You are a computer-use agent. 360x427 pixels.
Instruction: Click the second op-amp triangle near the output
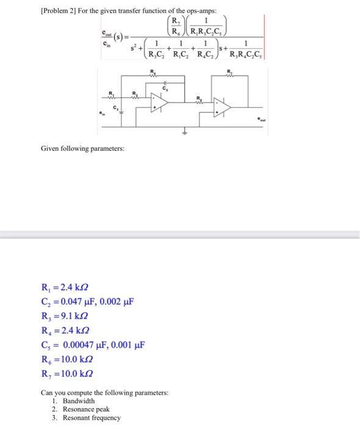pyautogui.click(x=222, y=108)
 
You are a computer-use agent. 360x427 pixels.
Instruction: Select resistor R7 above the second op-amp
pyautogui.click(x=229, y=76)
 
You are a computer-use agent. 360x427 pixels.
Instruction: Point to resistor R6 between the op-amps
pyautogui.click(x=198, y=101)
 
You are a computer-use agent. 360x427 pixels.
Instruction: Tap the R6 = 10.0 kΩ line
pyautogui.click(x=67, y=360)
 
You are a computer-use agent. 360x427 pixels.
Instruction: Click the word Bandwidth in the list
pyautogui.click(x=79, y=401)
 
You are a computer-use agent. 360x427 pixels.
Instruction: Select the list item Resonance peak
pyautogui.click(x=87, y=409)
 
